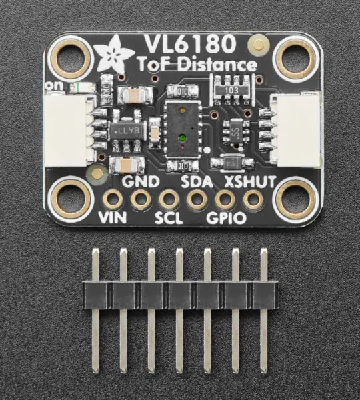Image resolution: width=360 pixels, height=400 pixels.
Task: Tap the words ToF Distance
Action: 197,65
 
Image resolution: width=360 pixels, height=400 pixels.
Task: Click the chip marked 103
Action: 230,88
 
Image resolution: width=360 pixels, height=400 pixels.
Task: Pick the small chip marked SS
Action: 235,131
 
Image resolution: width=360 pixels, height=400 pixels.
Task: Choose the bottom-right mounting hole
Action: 293,199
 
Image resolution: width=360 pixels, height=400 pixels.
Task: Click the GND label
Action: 140,181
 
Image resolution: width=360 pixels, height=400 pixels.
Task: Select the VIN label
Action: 112,218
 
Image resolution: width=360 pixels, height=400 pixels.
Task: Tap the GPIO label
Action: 226,218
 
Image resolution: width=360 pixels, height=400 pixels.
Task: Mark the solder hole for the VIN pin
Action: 113,199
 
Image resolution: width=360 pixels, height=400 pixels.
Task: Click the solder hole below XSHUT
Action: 253,199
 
